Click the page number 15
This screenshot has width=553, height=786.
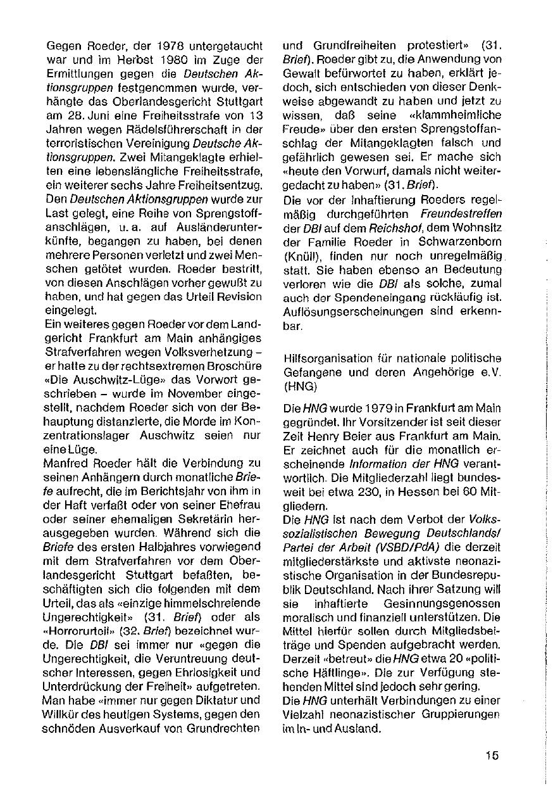pyautogui.click(x=493, y=754)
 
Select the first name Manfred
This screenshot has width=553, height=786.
pyautogui.click(x=64, y=462)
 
